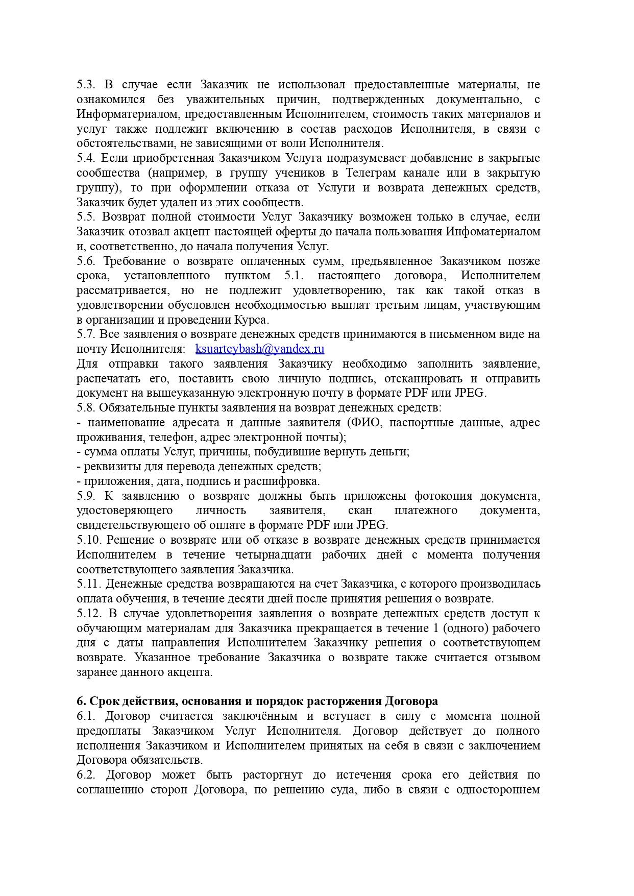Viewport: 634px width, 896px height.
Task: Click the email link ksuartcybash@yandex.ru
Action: click(x=260, y=349)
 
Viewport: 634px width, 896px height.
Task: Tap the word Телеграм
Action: click(x=372, y=173)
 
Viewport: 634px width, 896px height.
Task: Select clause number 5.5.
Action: click(x=86, y=217)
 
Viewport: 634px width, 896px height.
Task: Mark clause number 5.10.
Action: click(x=89, y=540)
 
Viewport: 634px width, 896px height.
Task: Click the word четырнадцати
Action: click(x=272, y=555)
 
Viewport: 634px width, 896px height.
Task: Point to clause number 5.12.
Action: click(x=89, y=614)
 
